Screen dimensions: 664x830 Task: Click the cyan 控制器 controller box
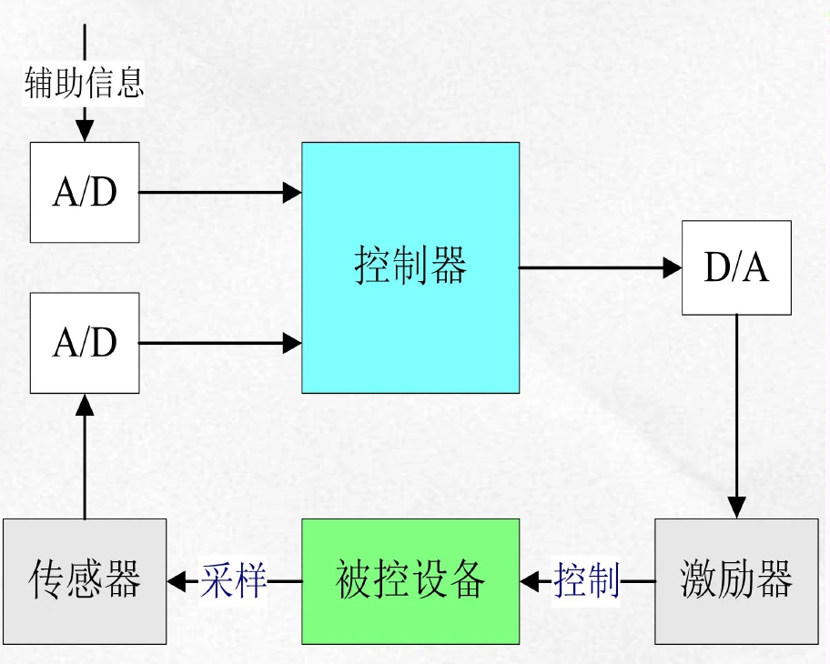[410, 267]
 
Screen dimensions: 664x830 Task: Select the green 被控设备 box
[410, 580]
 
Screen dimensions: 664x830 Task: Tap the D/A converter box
[736, 267]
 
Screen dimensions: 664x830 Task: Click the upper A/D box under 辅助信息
[85, 192]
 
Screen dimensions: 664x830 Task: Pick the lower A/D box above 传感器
[85, 343]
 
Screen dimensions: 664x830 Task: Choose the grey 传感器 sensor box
[85, 580]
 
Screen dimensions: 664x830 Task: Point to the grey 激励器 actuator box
[736, 580]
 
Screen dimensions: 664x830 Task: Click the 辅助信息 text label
[84, 84]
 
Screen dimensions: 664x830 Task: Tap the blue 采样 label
[234, 580]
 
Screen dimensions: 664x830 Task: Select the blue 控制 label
[587, 580]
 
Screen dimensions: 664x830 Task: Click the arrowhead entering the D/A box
[673, 267]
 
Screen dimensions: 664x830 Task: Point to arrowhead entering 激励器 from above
[736, 508]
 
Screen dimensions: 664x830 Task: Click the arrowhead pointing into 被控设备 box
[531, 580]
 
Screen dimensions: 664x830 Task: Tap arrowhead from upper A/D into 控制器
[291, 192]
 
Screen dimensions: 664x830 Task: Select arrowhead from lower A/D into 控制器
[291, 343]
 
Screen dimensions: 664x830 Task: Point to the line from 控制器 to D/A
[592, 267]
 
